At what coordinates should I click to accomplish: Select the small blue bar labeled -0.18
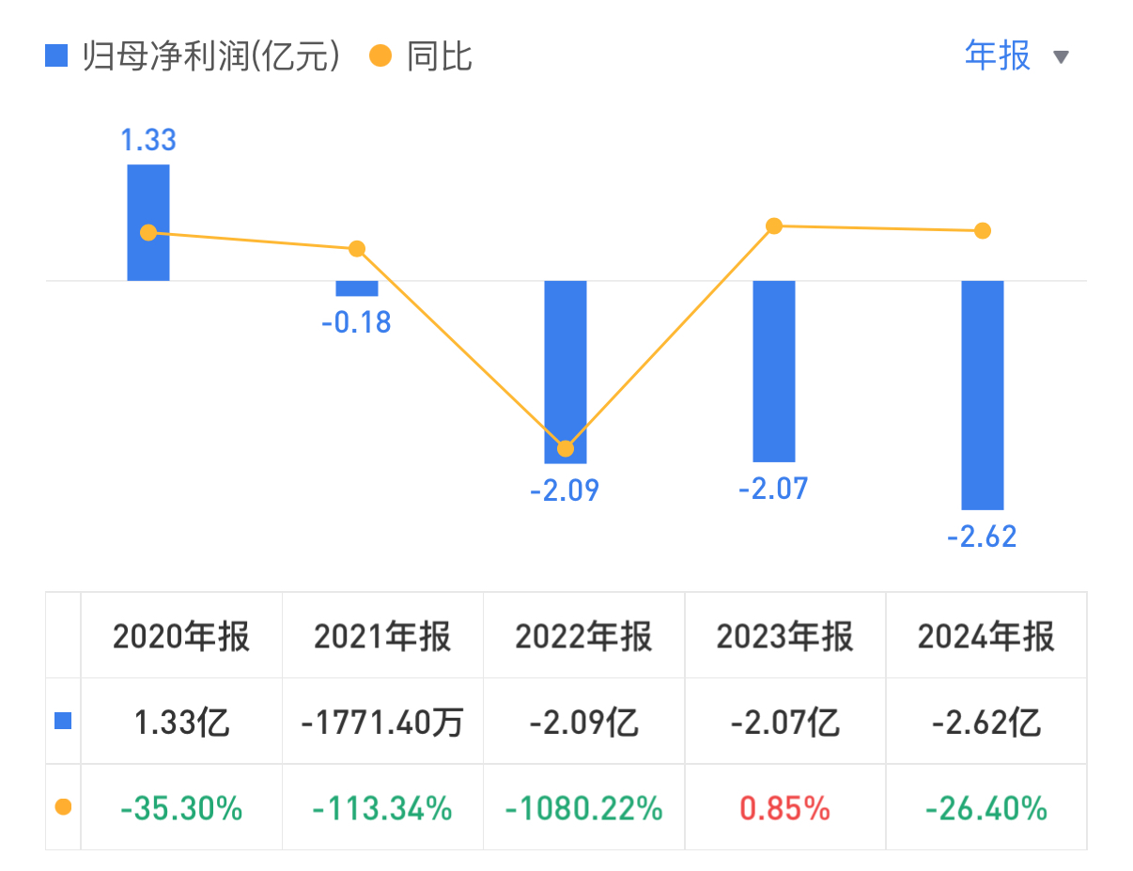pos(357,288)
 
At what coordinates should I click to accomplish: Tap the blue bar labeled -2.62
pos(982,395)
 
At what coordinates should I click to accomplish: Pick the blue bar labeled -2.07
pos(774,371)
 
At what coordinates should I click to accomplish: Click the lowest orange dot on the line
pos(566,448)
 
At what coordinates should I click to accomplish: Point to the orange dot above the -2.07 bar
pos(774,226)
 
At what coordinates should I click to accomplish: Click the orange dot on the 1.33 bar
pos(148,232)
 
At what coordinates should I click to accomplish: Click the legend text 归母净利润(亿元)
pos(210,57)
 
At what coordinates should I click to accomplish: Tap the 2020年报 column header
pos(181,636)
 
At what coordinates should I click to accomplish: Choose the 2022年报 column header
pos(583,636)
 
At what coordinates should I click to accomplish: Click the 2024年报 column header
pos(986,636)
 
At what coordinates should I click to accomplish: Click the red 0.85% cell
pos(784,807)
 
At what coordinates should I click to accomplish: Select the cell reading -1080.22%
pos(583,807)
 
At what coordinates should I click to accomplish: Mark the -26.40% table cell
pos(986,807)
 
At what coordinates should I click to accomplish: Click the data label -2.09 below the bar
pos(565,490)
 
